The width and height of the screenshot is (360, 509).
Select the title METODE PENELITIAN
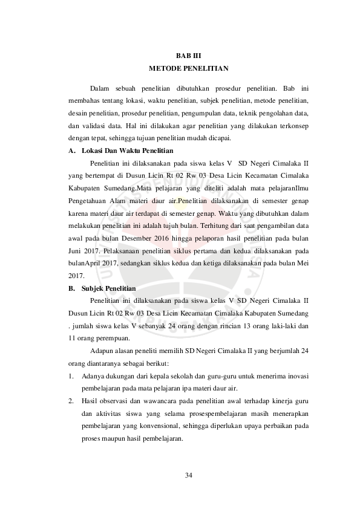[180, 68]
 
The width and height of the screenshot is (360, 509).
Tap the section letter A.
[71, 151]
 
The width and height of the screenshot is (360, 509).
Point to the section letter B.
[71, 288]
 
